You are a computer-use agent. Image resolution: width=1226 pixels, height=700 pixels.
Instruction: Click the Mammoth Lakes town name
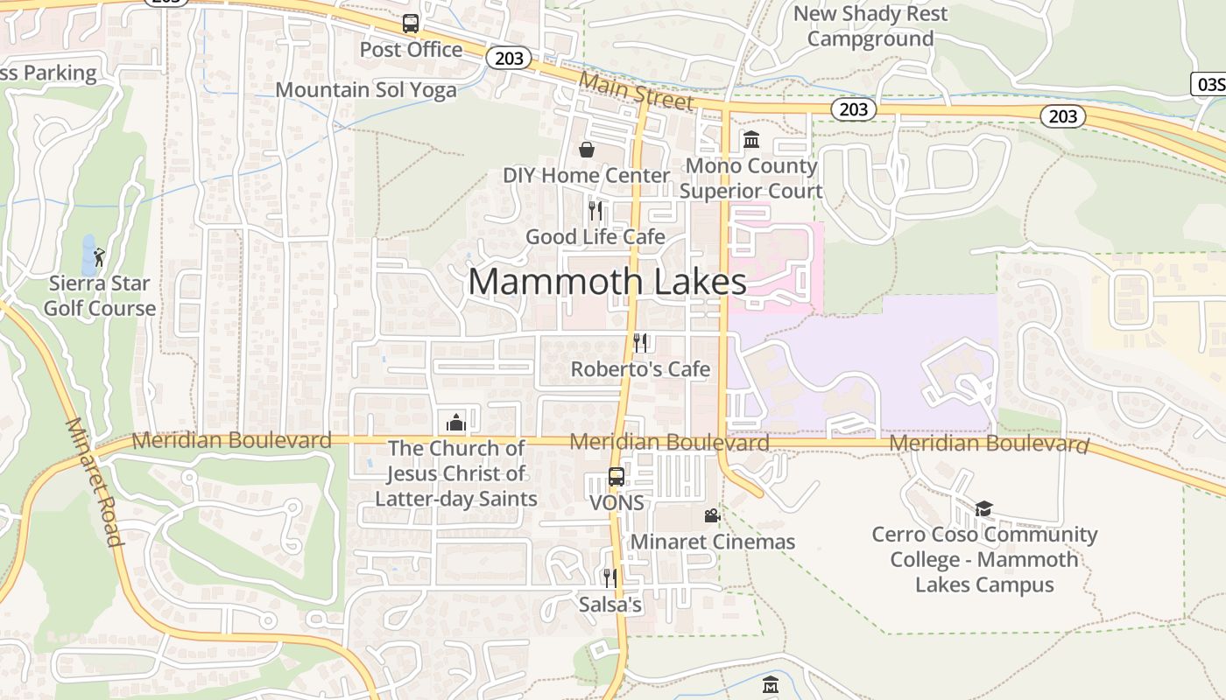pyautogui.click(x=607, y=282)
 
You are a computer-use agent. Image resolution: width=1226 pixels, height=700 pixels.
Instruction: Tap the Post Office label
pyautogui.click(x=411, y=50)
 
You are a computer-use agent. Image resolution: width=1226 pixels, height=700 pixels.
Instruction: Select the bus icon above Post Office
pyautogui.click(x=411, y=24)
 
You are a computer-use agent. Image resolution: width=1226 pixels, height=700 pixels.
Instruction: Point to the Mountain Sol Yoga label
pyautogui.click(x=366, y=90)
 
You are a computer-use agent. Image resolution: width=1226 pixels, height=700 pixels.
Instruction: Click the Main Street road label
pyautogui.click(x=637, y=91)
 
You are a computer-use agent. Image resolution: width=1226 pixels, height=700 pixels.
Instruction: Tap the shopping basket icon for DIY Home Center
pyautogui.click(x=587, y=150)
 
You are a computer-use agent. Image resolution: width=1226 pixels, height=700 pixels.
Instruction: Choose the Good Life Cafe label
pyautogui.click(x=595, y=237)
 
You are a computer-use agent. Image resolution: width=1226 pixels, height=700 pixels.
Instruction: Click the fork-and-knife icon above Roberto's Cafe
pyautogui.click(x=640, y=342)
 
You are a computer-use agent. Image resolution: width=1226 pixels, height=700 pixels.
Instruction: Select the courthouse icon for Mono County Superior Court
pyautogui.click(x=751, y=139)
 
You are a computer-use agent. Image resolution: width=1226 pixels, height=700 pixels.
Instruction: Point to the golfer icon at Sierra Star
pyautogui.click(x=99, y=257)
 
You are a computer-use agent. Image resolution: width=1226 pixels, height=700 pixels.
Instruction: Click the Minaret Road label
pyautogui.click(x=92, y=481)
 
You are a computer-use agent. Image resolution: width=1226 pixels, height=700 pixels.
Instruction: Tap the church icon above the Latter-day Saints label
pyautogui.click(x=455, y=423)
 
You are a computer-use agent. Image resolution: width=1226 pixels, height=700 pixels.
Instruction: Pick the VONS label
pyautogui.click(x=617, y=503)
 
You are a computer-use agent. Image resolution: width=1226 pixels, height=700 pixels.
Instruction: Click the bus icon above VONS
pyautogui.click(x=617, y=477)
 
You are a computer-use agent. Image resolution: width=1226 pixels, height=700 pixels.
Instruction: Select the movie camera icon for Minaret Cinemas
pyautogui.click(x=713, y=515)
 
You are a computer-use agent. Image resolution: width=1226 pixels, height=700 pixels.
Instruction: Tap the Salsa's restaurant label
pyautogui.click(x=610, y=605)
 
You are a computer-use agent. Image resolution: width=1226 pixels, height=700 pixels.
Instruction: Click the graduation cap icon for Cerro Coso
pyautogui.click(x=984, y=508)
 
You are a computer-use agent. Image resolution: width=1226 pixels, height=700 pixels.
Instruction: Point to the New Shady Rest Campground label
pyautogui.click(x=870, y=26)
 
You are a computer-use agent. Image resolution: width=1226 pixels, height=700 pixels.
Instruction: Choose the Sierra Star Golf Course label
pyautogui.click(x=100, y=296)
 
